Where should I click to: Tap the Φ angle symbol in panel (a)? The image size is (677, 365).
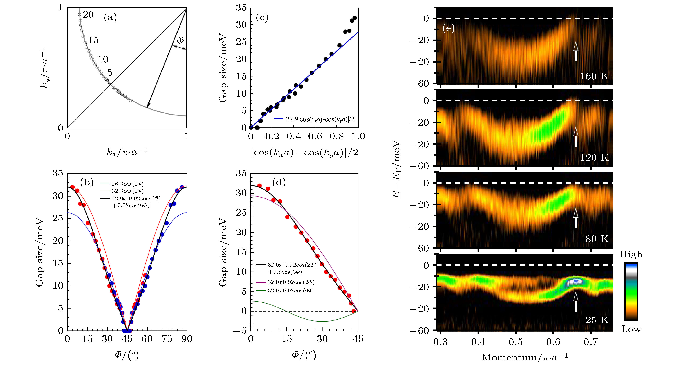coord(180,41)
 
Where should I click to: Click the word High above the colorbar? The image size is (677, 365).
coord(631,254)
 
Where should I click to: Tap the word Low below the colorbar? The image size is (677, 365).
coord(631,329)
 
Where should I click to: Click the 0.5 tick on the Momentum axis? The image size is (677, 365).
coord(516,342)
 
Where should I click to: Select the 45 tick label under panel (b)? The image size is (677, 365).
coord(127,339)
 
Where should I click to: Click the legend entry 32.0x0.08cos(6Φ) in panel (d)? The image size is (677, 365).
coord(291,291)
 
